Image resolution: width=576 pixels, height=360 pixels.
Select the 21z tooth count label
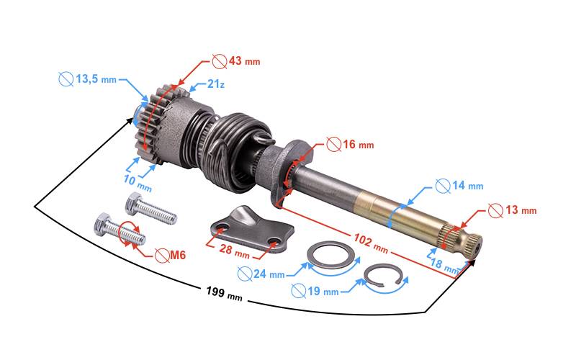point(215,84)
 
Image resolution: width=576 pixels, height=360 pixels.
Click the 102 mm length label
point(371,243)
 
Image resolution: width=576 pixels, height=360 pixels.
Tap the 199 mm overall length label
point(224,293)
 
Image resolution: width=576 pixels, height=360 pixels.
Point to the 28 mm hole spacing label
point(235,251)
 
